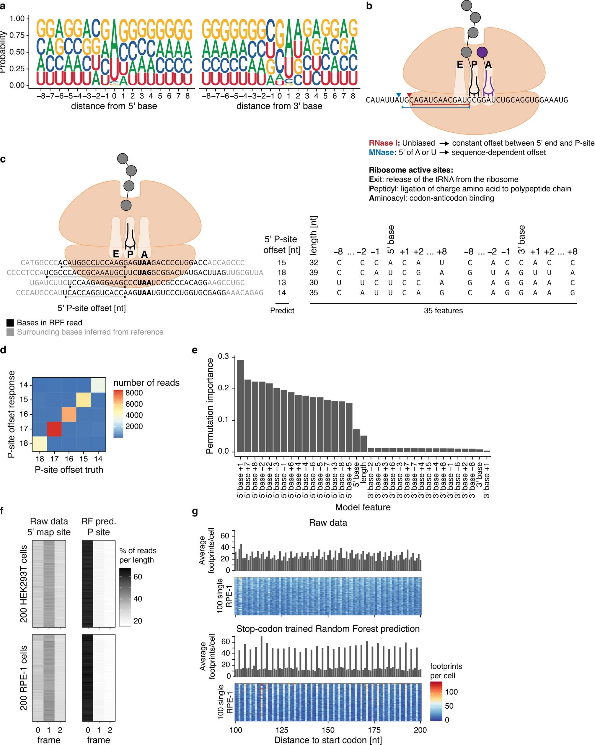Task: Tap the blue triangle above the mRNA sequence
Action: (x=399, y=95)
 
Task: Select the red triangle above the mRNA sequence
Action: (x=409, y=95)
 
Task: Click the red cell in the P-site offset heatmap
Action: (x=54, y=429)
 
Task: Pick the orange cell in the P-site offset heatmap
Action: (x=69, y=414)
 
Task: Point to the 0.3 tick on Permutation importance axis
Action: (x=224, y=357)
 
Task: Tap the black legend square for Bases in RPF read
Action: (x=10, y=323)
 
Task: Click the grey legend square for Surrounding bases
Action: (x=10, y=332)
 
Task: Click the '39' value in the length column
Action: (x=314, y=273)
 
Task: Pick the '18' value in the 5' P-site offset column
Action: (x=282, y=273)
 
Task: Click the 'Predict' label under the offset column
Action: (x=282, y=310)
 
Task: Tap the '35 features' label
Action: (x=443, y=311)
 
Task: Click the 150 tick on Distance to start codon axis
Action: (x=328, y=730)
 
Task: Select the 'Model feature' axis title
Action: (x=363, y=507)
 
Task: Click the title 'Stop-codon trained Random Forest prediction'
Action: (x=328, y=629)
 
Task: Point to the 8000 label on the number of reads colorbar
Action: (x=134, y=393)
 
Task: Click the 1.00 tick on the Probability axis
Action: (x=17, y=19)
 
